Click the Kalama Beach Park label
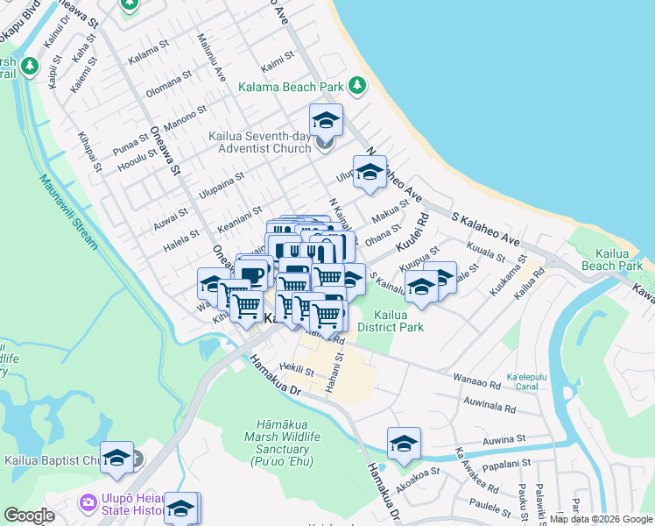coord(292,87)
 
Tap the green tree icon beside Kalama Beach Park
coord(356,85)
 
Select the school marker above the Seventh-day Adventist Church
coord(326,119)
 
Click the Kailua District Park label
coord(398,321)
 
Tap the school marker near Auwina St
coord(404,443)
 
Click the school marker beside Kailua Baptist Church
coord(116,456)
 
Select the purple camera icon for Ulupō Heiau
coord(88,503)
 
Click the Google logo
coord(30,515)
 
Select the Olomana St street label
coord(167,87)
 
